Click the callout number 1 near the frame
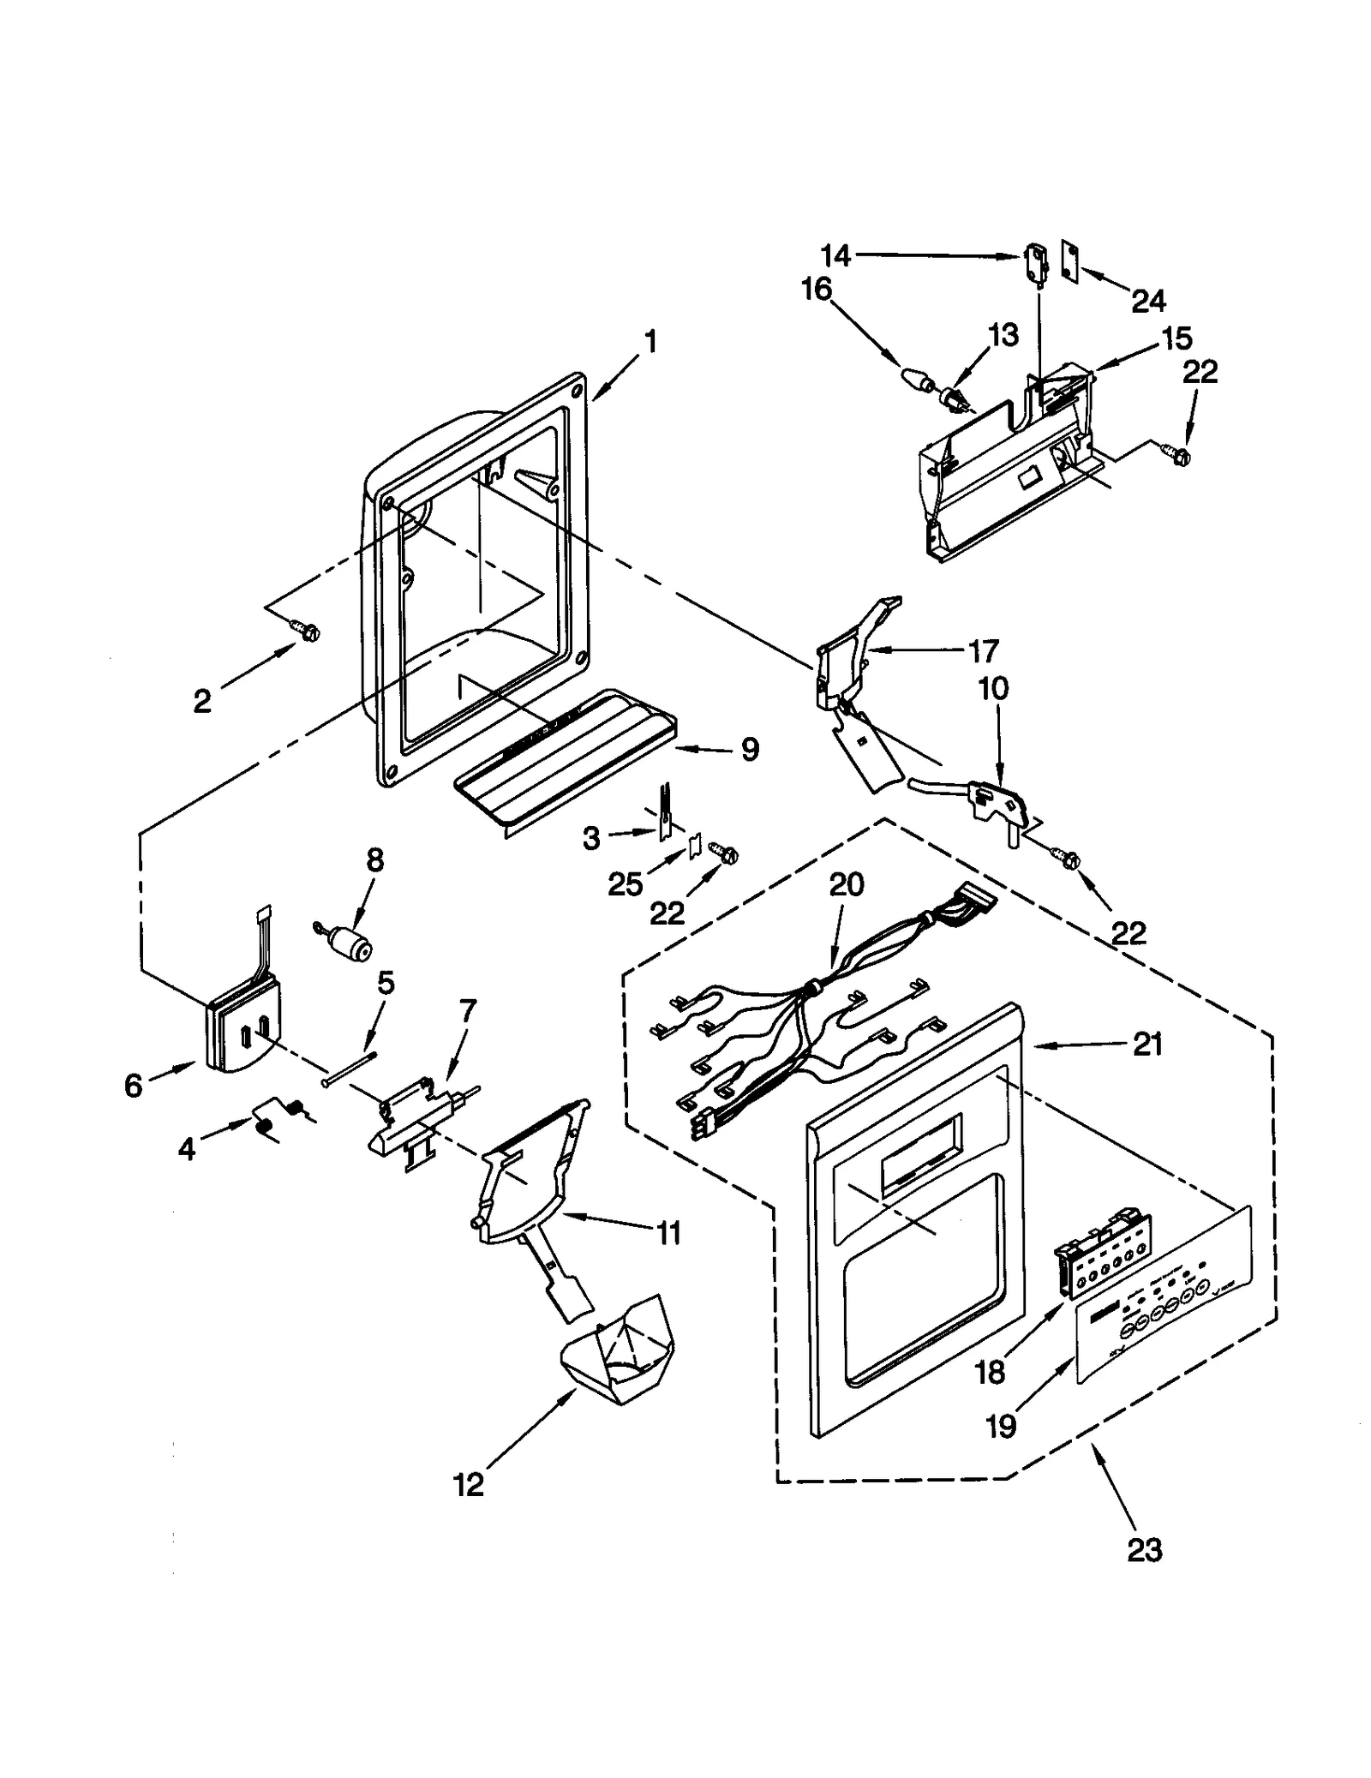click(650, 342)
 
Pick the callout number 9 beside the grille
click(749, 750)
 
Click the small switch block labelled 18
click(1101, 1241)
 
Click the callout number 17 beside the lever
click(983, 651)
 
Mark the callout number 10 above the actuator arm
click(993, 687)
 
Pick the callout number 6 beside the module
click(133, 1086)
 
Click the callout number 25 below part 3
click(625, 884)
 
